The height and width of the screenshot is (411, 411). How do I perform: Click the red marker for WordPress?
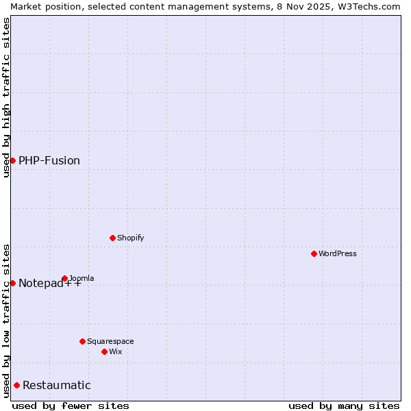[314, 253]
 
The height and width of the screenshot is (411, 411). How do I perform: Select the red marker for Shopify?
[112, 238]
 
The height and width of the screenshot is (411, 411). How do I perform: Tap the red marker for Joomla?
[64, 278]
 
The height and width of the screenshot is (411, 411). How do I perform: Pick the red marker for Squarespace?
[82, 341]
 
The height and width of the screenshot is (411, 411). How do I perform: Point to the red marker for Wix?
[104, 351]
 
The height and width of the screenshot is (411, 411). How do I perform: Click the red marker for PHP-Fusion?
[12, 160]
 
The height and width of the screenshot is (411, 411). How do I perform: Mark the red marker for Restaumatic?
[16, 385]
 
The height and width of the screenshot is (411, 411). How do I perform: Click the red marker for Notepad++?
[12, 283]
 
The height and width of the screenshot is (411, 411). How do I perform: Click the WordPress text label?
[338, 253]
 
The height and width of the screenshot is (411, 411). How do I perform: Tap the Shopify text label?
[130, 238]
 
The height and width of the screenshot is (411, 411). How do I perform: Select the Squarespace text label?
[110, 341]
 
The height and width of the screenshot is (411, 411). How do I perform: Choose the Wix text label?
[115, 351]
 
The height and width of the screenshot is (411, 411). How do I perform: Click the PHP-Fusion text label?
[49, 160]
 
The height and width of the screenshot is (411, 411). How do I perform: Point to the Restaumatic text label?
[57, 385]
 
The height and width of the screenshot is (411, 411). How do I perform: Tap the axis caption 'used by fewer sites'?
[71, 406]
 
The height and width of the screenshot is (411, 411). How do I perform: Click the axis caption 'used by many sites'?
[344, 406]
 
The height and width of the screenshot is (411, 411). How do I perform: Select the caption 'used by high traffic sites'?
[6, 97]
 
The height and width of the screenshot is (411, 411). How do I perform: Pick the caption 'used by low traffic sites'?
[6, 321]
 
